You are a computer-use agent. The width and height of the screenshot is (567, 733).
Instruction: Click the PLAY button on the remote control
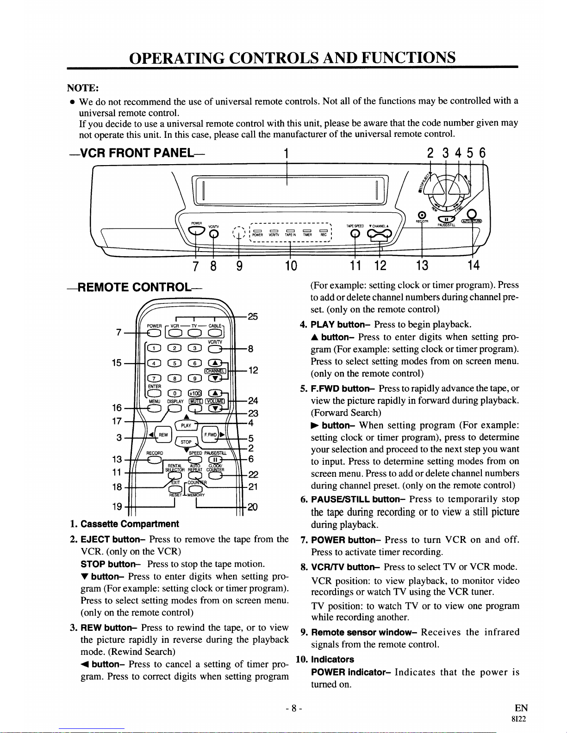coord(186,425)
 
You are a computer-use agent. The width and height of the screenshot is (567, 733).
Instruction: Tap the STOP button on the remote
coord(186,442)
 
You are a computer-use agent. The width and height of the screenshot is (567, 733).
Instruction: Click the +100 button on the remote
coord(195,393)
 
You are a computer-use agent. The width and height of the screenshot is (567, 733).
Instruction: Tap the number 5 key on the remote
coord(174,363)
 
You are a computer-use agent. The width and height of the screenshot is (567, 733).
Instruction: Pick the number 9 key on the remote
coord(195,378)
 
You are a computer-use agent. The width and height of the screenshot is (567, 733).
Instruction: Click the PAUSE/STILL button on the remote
coord(215,460)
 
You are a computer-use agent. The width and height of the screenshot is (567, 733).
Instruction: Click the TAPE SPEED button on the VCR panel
coord(355,234)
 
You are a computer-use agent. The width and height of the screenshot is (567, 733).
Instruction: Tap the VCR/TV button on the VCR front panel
coord(213,234)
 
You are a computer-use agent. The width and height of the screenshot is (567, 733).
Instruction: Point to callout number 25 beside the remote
coord(253,317)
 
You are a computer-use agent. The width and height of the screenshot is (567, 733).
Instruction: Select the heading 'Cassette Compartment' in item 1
coord(130,524)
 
